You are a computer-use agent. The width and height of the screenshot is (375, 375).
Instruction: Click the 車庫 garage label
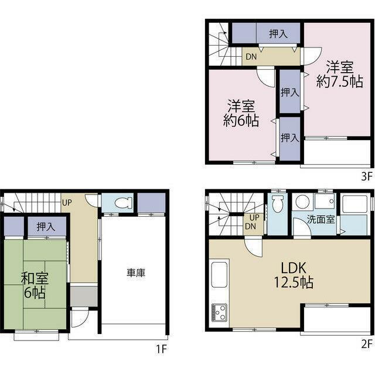pos(136,273)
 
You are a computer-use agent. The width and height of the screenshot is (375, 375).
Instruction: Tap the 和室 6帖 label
pos(35,285)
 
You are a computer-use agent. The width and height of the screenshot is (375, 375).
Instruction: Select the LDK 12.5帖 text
pos(294,275)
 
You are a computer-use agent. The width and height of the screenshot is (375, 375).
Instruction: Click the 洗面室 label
pos(321,219)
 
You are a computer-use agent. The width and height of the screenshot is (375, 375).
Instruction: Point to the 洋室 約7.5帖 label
pos(340,74)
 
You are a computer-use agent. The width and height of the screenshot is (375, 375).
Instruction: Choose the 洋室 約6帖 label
pos(241,113)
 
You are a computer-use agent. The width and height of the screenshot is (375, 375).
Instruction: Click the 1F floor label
pos(162,349)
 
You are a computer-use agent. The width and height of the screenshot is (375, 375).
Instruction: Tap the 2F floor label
pos(367,344)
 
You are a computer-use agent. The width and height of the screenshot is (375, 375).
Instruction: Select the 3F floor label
pos(367,177)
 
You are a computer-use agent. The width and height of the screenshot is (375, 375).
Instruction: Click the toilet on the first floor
pos(123,203)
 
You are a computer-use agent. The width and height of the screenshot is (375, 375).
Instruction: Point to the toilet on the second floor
pos(277,204)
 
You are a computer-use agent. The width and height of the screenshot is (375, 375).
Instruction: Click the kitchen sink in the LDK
pos(219,275)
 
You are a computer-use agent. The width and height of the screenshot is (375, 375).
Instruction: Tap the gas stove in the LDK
pos(219,312)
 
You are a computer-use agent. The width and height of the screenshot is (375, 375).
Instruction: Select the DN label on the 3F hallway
pos(251,57)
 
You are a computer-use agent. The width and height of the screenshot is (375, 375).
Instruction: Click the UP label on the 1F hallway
pos(67,203)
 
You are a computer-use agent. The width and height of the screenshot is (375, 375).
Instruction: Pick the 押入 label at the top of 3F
pos(278,34)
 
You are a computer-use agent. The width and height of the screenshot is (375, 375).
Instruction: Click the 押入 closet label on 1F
pos(46,227)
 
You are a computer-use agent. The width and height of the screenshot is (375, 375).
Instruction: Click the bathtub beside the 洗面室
pos(353,214)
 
